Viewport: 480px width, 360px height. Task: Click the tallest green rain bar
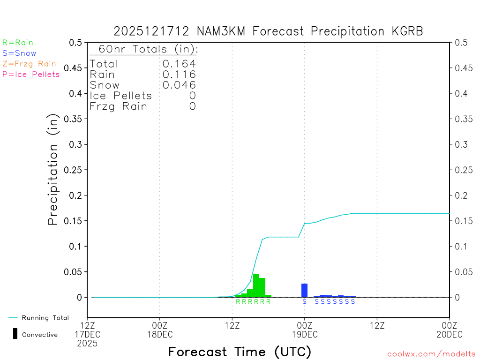(256, 285)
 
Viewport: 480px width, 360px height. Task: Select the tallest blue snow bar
(304, 290)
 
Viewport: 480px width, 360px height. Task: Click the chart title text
(268, 31)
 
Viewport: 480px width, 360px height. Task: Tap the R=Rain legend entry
(18, 43)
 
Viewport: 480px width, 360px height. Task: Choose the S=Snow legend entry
(19, 53)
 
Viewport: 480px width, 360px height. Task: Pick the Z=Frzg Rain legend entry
(29, 64)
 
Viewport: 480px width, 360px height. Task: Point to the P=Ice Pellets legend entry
(31, 74)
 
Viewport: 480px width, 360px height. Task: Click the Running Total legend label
(45, 318)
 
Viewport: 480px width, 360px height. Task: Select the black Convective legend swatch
(15, 333)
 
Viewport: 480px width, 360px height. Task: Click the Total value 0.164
(179, 64)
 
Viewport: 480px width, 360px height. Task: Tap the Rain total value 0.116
(179, 74)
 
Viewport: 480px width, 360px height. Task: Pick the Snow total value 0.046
(179, 85)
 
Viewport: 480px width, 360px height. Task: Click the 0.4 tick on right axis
(460, 93)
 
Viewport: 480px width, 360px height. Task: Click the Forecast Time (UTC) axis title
(240, 352)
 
